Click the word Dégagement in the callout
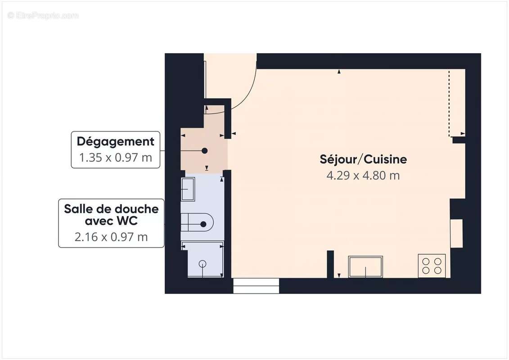pyautogui.click(x=116, y=141)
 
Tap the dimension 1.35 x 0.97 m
pyautogui.click(x=116, y=158)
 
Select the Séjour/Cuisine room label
pyautogui.click(x=363, y=159)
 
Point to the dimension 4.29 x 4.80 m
pyautogui.click(x=363, y=175)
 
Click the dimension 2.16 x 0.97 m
pyautogui.click(x=111, y=237)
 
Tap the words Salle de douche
pyautogui.click(x=111, y=209)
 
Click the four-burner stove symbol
pyautogui.click(x=432, y=265)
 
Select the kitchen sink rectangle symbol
pyautogui.click(x=365, y=266)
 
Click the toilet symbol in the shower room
pyautogui.click(x=198, y=224)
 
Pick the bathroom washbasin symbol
pyautogui.click(x=188, y=189)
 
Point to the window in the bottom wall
pyautogui.click(x=256, y=286)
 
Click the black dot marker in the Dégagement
pyautogui.click(x=205, y=151)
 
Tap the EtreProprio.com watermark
pyautogui.click(x=43, y=16)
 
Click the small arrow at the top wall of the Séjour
pyautogui.click(x=339, y=72)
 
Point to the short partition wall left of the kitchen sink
pyautogui.click(x=330, y=264)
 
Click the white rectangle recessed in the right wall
pyautogui.click(x=456, y=233)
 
